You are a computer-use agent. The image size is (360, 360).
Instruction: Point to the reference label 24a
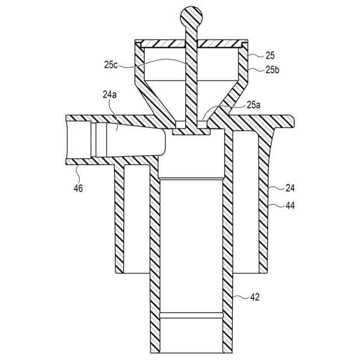pos(110,96)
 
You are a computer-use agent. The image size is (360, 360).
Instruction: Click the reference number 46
pos(78,188)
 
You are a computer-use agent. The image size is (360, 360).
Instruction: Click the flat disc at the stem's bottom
pos(192,131)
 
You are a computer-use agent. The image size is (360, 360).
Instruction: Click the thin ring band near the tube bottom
pos(192,313)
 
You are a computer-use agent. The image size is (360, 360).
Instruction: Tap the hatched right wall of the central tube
pos(228,236)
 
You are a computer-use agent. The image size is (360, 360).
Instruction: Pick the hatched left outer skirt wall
pos(119,219)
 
